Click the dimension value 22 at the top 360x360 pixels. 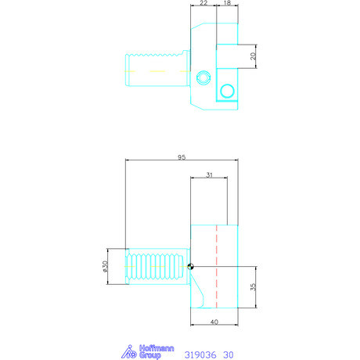(x=203, y=3)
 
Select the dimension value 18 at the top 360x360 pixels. (x=227, y=3)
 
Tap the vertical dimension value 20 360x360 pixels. (x=253, y=56)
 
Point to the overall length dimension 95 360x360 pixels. (x=182, y=157)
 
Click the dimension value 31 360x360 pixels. (x=209, y=175)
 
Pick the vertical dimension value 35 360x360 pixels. (x=253, y=287)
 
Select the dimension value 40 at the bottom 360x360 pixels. (x=214, y=322)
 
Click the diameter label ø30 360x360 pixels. (x=105, y=266)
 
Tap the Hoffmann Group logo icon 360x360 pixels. (x=129, y=351)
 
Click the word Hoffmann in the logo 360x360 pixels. (x=157, y=348)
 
